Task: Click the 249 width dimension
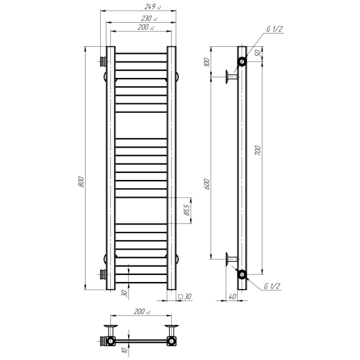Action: (x=153, y=7)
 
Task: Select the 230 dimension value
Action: (x=149, y=18)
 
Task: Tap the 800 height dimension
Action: (x=81, y=181)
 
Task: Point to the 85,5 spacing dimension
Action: (x=188, y=210)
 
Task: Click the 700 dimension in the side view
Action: (x=258, y=150)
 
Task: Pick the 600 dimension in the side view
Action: (x=207, y=184)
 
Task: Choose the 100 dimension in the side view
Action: (x=207, y=62)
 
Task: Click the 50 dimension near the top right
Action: (x=259, y=53)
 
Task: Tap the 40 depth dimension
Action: (x=232, y=297)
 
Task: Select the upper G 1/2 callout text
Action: (x=274, y=29)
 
